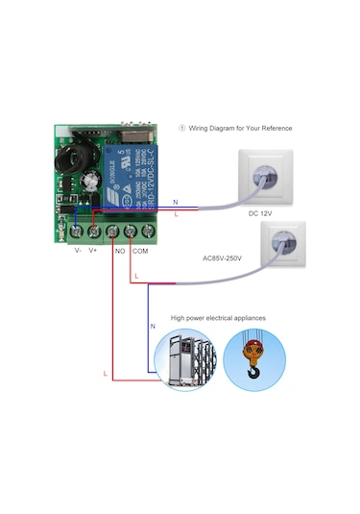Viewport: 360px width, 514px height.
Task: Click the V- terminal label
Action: tap(78, 251)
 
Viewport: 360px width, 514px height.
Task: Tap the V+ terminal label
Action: tap(93, 251)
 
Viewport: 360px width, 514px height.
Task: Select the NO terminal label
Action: tap(120, 251)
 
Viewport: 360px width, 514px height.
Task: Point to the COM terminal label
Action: tap(140, 251)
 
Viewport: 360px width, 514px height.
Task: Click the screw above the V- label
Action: tap(76, 232)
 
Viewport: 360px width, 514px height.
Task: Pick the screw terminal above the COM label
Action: tap(131, 232)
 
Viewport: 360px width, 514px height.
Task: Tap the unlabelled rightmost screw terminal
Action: tap(148, 232)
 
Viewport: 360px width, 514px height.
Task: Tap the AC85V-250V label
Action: tap(222, 257)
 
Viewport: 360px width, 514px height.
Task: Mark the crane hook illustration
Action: tap(254, 360)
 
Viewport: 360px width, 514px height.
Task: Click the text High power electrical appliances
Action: tap(218, 317)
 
